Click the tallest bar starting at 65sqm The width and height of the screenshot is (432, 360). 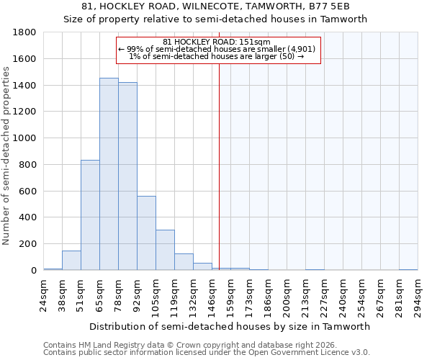[109, 174]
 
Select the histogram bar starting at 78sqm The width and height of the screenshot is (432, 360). [127, 176]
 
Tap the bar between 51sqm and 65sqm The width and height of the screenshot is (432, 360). [90, 215]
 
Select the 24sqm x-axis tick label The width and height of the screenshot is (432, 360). [43, 293]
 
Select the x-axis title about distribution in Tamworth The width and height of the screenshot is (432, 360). [230, 326]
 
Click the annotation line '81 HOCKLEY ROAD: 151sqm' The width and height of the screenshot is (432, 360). [216, 42]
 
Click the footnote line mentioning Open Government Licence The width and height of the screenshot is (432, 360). [207, 353]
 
